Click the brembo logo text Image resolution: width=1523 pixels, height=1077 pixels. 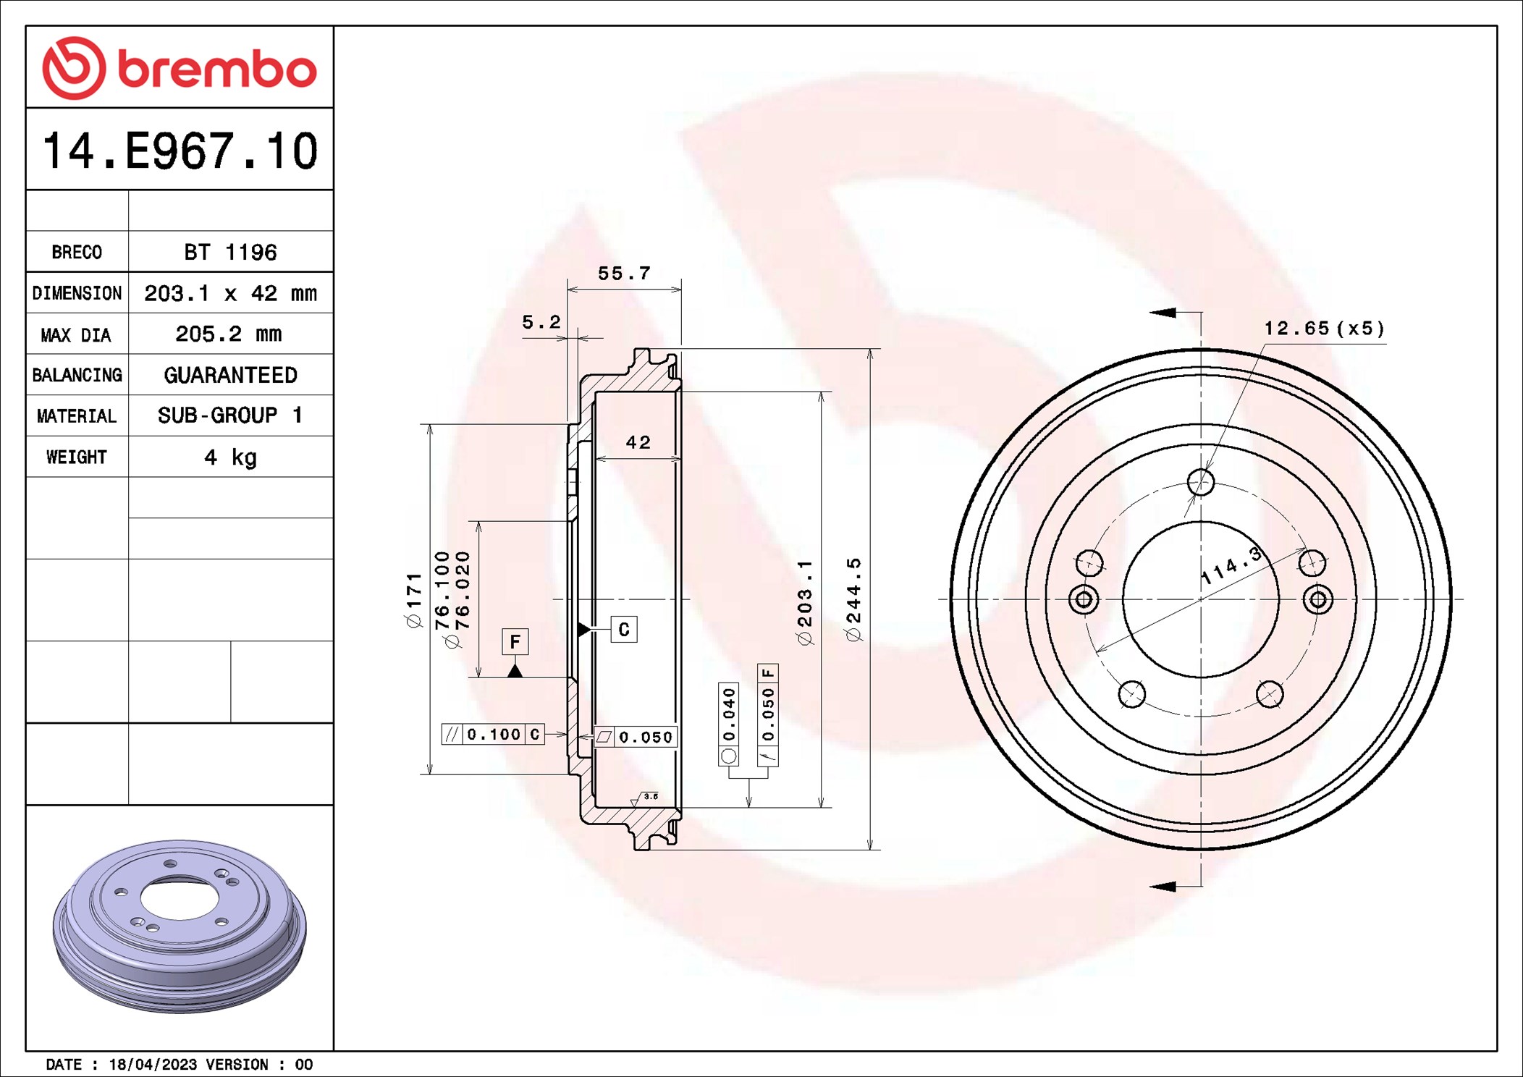point(216,69)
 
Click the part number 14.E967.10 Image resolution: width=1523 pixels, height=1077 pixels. point(180,151)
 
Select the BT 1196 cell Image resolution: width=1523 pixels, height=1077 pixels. point(230,252)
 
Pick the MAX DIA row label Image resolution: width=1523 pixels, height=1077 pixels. point(76,334)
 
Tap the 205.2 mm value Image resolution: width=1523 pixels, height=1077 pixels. point(229,334)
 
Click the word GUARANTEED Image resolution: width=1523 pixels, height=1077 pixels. point(230,375)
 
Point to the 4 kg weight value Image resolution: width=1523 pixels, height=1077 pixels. point(230,457)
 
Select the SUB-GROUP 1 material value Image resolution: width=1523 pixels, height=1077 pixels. point(230,415)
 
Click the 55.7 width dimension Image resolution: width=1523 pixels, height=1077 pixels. point(624,274)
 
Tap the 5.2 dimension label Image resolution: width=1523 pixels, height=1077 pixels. point(541,322)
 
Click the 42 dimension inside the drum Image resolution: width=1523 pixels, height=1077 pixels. point(638,442)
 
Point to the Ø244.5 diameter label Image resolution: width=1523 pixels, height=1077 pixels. point(853,599)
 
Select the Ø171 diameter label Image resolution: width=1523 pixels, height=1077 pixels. point(413,599)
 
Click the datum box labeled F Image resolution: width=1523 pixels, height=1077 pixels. point(515,641)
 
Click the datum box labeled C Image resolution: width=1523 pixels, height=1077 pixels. point(623,629)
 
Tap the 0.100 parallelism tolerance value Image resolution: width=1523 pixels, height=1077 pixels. point(494,735)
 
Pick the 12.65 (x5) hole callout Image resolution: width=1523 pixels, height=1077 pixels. point(1324,329)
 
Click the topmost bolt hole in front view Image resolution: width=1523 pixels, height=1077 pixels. point(1200,482)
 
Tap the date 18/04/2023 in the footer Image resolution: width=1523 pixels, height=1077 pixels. point(153,1064)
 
